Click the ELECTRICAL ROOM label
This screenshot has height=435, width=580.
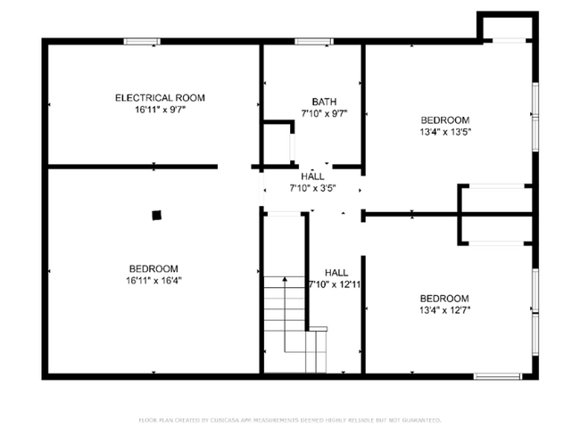click(160, 97)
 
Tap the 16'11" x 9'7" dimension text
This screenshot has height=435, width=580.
click(160, 110)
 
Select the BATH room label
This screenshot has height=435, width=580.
click(323, 102)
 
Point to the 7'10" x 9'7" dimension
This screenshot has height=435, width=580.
click(323, 113)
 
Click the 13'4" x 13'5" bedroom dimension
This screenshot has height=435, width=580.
click(444, 131)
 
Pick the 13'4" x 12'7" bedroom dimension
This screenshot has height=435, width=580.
click(444, 310)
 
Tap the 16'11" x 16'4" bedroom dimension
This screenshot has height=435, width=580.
click(153, 280)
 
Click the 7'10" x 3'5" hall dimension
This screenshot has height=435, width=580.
click(312, 188)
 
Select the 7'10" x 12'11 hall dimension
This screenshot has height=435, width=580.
click(336, 284)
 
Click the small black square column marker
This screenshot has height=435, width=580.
click(157, 214)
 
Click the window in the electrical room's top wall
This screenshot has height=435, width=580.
click(142, 40)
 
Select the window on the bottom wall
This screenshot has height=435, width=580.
click(497, 376)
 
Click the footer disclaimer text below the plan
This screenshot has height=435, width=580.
click(290, 420)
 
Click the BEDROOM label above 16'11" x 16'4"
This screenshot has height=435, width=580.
click(153, 268)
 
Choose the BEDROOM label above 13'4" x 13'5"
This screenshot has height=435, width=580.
click(444, 119)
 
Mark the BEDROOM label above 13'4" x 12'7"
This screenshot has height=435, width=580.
click(444, 299)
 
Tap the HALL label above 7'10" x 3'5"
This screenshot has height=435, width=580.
click(312, 176)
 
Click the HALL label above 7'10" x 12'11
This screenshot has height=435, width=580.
click(336, 273)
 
